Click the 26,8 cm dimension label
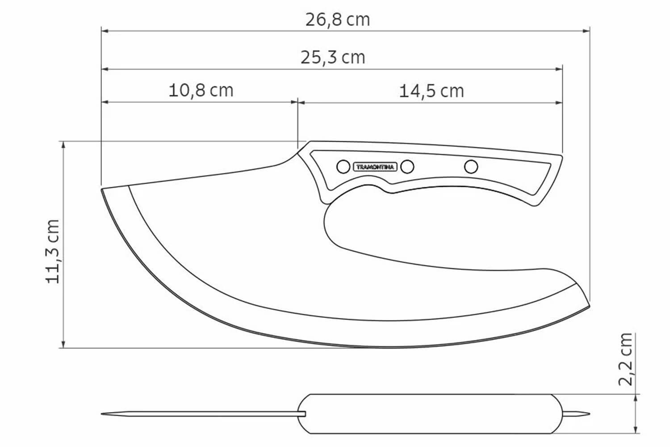click(x=337, y=20)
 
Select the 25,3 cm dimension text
click(x=333, y=58)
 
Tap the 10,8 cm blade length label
click(x=201, y=90)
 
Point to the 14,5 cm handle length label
click(x=431, y=91)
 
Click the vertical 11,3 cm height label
click(x=53, y=252)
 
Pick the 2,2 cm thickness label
click(x=626, y=359)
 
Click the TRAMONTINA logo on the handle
click(x=375, y=167)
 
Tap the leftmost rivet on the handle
click(x=343, y=167)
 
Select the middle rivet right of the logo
click(x=407, y=167)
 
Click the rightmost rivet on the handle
click(x=471, y=166)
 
